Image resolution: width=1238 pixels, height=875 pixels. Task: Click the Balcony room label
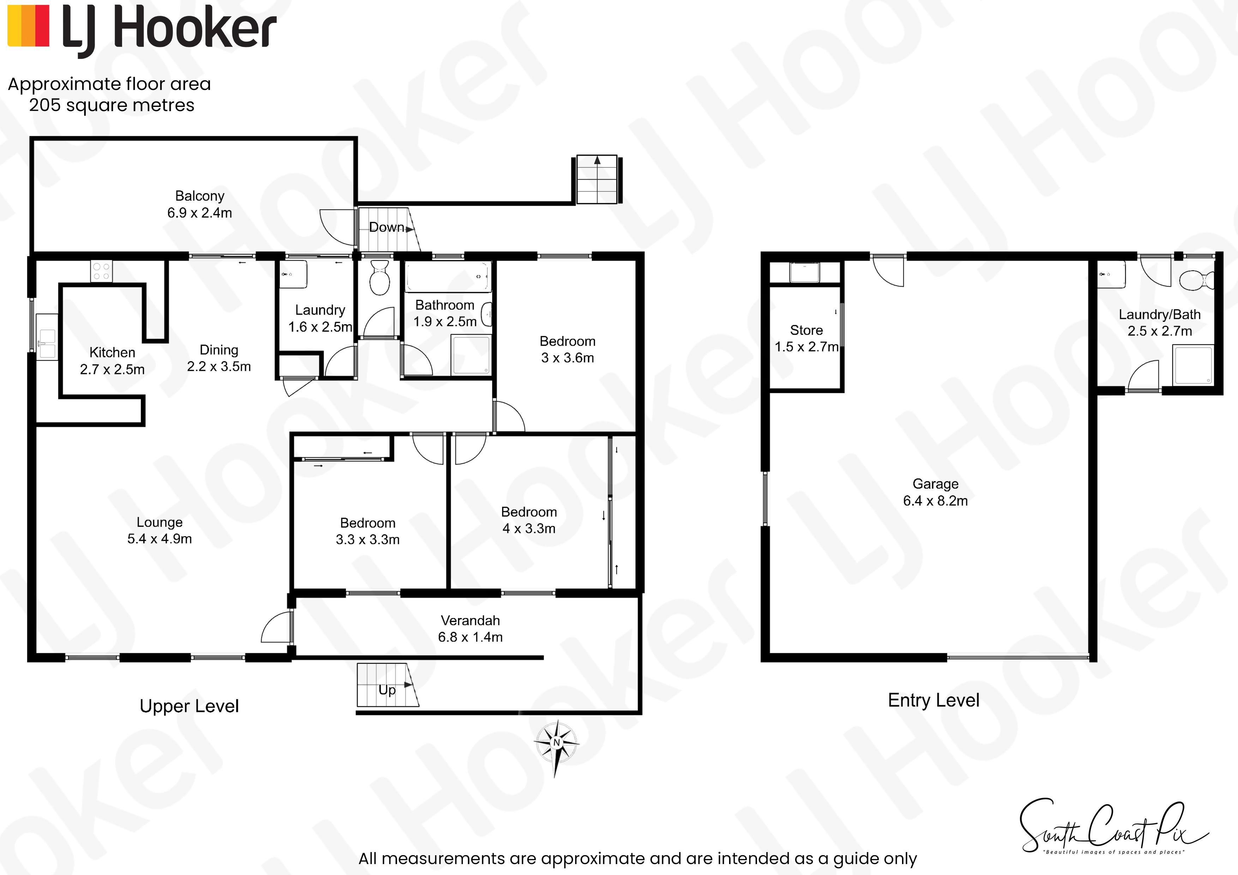coord(199,196)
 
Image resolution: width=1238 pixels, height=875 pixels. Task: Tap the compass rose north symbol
coord(557,747)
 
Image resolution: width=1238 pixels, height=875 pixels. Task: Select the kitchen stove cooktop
coord(101,271)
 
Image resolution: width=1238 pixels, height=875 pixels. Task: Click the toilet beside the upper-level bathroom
coord(380,277)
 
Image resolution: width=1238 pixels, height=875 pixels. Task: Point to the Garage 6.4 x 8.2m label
coord(936,492)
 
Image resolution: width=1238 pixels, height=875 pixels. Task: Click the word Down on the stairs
coord(386,228)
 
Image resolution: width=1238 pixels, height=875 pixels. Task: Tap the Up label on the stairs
coord(387,690)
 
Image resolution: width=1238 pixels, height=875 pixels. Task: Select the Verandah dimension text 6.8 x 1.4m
coord(470,637)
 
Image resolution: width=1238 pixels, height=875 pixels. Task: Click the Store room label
coord(807,330)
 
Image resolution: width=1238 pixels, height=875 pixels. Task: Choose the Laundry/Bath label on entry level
coord(1160,315)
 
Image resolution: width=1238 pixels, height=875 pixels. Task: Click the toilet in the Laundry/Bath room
coord(1196,281)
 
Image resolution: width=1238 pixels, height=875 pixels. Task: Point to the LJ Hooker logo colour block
coord(29,25)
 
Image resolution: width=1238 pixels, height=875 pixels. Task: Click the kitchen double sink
coord(47,337)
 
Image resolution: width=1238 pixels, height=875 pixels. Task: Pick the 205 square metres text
coord(112,105)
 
